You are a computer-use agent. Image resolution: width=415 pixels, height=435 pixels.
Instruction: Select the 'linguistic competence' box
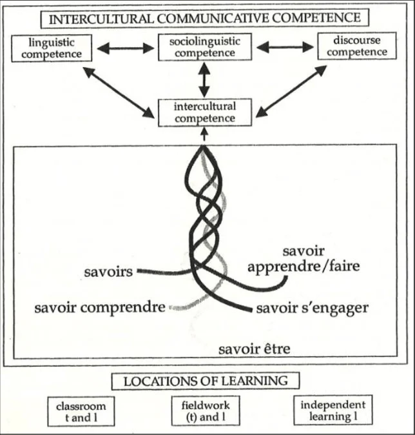tap(52, 48)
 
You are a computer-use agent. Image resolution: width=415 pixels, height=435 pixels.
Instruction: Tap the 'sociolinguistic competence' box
tap(204, 47)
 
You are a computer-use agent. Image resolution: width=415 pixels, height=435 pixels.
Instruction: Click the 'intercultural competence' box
tap(205, 112)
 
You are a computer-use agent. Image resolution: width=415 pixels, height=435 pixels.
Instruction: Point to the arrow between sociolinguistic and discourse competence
tap(284, 47)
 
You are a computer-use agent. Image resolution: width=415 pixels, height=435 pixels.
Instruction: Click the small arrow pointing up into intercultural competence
tap(205, 134)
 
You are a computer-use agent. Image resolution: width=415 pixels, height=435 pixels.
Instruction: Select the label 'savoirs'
tap(108, 272)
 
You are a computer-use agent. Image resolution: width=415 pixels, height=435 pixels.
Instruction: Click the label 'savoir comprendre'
tap(99, 307)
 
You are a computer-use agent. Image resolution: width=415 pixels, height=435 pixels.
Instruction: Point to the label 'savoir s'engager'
tap(312, 308)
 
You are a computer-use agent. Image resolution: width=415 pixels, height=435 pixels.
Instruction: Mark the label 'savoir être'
tap(254, 349)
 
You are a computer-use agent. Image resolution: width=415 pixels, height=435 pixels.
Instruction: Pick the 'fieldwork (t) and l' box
tap(206, 412)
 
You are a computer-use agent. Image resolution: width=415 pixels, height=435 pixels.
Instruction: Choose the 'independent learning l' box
tap(333, 411)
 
